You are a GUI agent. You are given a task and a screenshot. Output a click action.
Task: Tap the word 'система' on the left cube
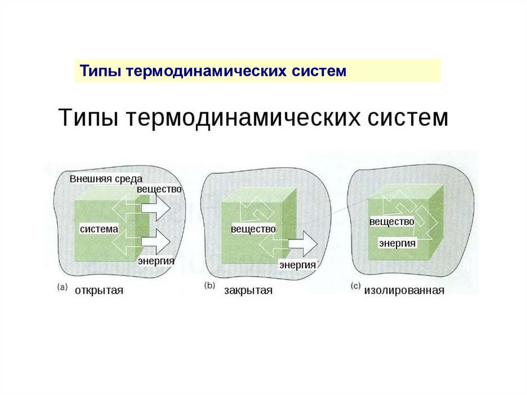pos(99,228)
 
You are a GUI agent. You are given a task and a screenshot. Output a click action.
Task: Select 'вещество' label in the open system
pos(160,189)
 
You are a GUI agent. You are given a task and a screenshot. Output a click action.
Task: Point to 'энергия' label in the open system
pos(156,261)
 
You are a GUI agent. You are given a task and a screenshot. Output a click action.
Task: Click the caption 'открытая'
pos(99,290)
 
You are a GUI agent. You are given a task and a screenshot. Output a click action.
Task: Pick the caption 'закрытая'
pos(248,290)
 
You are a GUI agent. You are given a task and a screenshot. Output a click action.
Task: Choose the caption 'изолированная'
pos(404,290)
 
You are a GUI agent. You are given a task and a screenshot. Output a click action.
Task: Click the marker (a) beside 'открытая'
pos(62,288)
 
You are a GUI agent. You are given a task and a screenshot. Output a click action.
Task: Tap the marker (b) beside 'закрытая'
pos(210,286)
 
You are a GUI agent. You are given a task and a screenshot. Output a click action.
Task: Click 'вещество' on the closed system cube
pos(253,229)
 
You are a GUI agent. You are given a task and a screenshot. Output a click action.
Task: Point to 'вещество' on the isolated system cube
pos(392,221)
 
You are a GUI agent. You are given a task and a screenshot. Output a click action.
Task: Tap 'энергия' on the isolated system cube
pos(397,243)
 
